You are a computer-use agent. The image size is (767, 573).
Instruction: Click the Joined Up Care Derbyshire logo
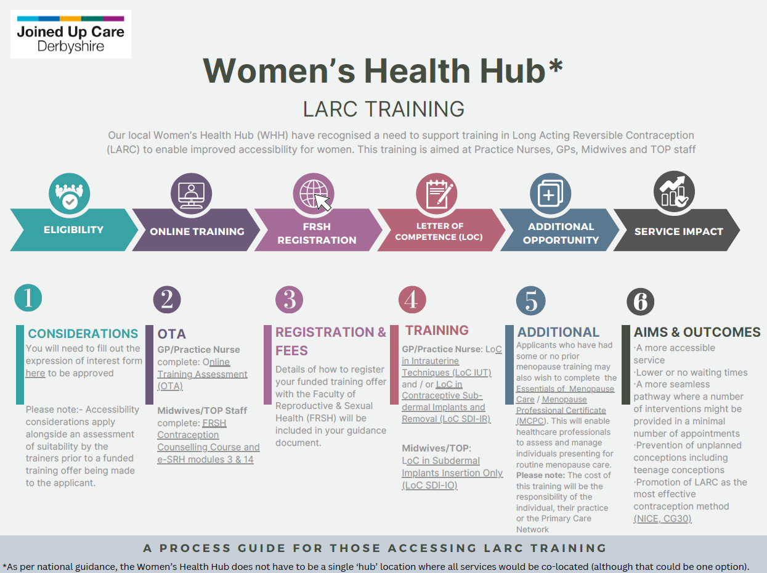coord(70,35)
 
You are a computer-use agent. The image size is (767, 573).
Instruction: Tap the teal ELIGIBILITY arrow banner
coord(73,230)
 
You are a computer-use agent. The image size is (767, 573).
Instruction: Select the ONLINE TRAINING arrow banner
coord(197,231)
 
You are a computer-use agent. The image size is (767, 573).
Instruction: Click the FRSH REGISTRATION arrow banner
coord(317,233)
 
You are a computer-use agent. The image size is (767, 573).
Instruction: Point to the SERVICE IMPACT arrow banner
coord(678,231)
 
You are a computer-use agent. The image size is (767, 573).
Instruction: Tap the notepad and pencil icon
coord(437,193)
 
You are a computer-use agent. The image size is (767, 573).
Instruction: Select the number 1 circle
coord(28,298)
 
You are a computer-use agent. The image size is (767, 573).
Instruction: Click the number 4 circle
coord(412,300)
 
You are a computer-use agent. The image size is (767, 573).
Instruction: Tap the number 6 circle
coord(640,302)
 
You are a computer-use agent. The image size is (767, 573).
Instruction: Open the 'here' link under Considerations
coord(35,373)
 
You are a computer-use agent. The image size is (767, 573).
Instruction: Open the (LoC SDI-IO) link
coord(429,485)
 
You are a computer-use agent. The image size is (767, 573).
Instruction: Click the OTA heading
coord(171,334)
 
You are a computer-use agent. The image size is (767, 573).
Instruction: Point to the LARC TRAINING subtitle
coord(383,109)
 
